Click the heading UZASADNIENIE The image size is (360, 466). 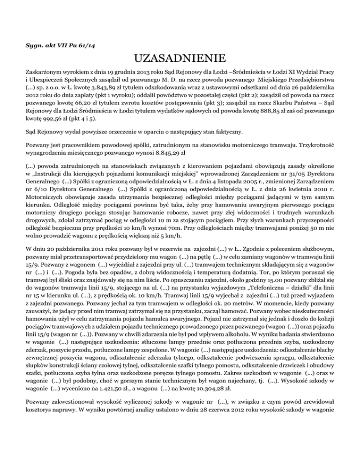[x=180, y=60]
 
